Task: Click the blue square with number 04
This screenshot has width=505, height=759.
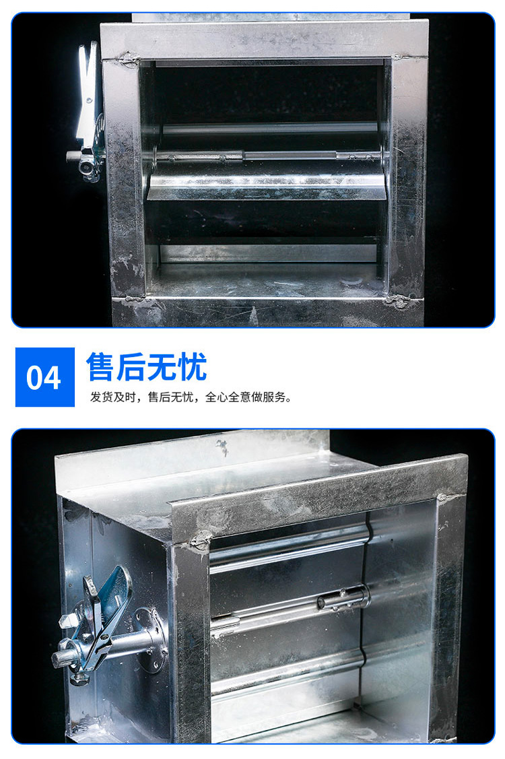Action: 45,376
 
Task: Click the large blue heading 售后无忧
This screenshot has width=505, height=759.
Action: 147,367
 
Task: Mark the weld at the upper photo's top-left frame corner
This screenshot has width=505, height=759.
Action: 128,59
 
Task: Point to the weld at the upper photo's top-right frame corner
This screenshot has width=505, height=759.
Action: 397,57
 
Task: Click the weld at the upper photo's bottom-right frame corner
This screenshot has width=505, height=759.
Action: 397,300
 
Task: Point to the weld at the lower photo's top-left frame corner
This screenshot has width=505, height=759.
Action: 200,541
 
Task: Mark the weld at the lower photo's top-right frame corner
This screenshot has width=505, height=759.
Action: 443,498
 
